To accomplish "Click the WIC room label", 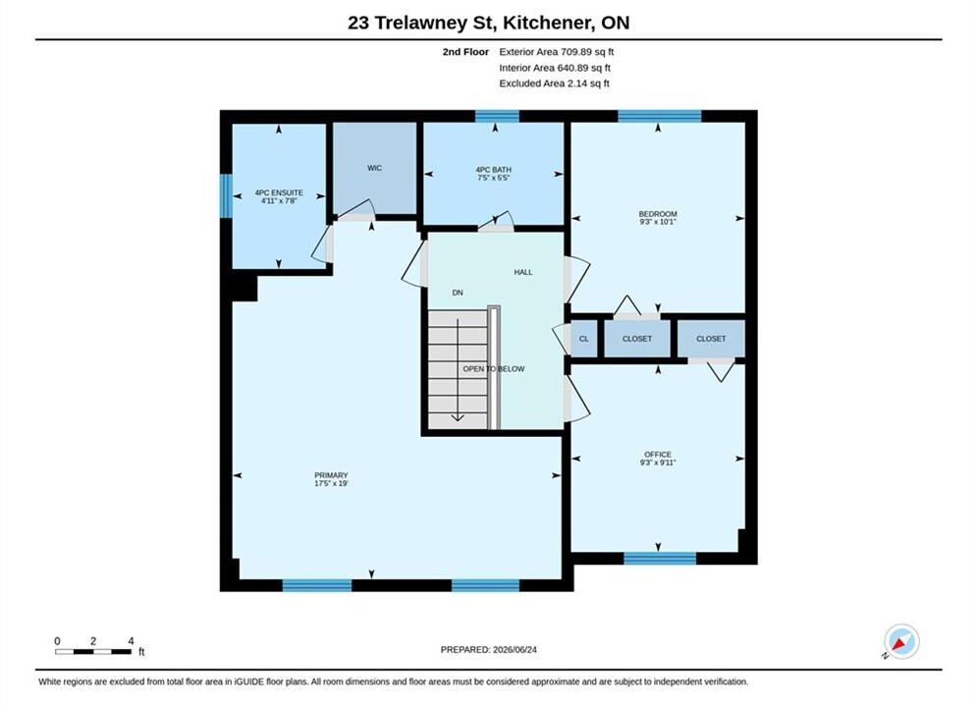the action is tap(374, 168).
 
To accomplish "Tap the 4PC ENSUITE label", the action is tap(279, 192).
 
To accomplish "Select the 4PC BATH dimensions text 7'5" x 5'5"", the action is tap(494, 178).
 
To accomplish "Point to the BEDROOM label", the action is tap(657, 214).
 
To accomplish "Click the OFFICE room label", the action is tap(657, 455).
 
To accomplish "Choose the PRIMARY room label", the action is tap(331, 475).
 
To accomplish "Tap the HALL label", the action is tap(522, 272).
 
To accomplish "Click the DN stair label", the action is tap(458, 293).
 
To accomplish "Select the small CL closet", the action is tap(584, 339).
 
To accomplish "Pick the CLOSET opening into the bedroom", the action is tap(637, 339).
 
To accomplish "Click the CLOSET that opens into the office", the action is tap(711, 339).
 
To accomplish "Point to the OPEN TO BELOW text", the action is tap(494, 369).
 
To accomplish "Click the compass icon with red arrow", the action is tap(901, 641).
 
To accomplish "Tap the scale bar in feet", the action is tap(93, 652).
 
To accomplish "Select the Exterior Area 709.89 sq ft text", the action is tap(557, 52).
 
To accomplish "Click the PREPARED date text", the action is tap(489, 650).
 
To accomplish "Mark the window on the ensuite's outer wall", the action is tap(226, 195).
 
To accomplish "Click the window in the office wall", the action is tap(660, 558).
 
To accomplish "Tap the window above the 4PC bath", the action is tap(497, 117).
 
